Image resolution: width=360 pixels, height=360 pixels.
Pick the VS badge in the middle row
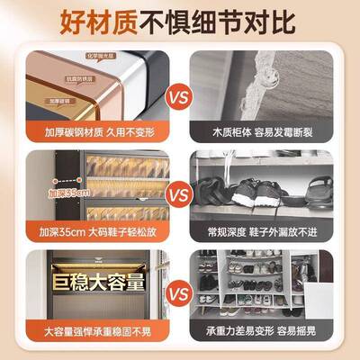tap(179, 192)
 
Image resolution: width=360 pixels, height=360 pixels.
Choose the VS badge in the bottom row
tap(179, 293)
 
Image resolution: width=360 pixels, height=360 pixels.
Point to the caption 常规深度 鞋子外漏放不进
tap(262, 231)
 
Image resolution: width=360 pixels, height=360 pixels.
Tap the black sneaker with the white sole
tap(255, 192)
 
